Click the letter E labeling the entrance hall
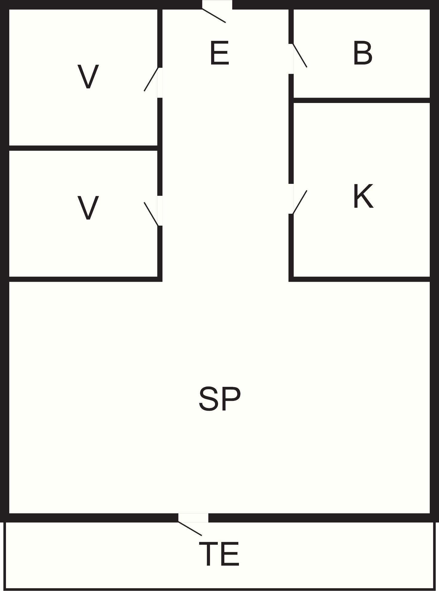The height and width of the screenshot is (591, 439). [x=219, y=53]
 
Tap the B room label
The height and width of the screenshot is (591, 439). [x=363, y=53]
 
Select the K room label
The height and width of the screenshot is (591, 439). [x=363, y=196]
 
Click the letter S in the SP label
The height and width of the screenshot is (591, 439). [x=209, y=399]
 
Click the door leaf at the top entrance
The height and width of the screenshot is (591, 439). [x=214, y=16]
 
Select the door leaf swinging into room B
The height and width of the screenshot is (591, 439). [x=300, y=56]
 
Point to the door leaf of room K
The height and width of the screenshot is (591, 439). [x=300, y=202]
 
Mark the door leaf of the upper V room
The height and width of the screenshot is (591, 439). [x=151, y=79]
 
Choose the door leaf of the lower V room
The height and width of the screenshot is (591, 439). [x=151, y=214]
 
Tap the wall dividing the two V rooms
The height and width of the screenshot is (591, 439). [x=83, y=148]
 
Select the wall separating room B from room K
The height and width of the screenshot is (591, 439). [x=362, y=100]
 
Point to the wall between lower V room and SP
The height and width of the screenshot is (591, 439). [x=85, y=279]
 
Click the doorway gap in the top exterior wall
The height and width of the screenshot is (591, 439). [x=217, y=4]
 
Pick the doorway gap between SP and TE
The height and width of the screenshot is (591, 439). [x=193, y=518]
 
